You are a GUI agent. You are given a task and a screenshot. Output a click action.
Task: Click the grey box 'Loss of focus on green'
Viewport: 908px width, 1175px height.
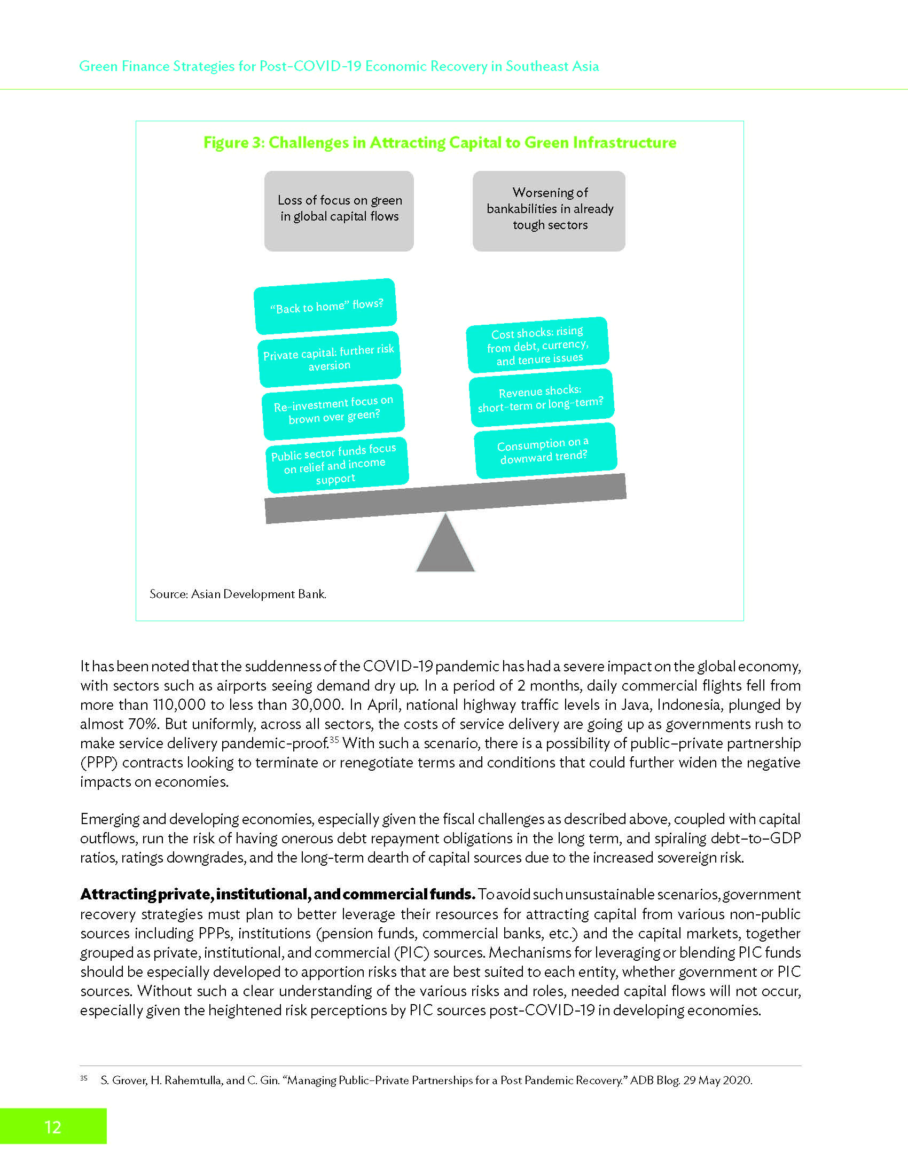coord(339,211)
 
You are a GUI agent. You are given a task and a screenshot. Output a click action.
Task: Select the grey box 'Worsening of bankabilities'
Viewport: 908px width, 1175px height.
coord(549,211)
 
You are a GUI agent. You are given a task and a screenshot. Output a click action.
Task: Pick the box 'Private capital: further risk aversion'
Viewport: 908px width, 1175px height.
coord(329,358)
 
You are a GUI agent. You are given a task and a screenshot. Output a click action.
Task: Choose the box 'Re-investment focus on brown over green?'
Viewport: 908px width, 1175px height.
coord(333,411)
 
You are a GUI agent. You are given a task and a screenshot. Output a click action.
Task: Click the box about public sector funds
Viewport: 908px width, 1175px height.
coord(337,464)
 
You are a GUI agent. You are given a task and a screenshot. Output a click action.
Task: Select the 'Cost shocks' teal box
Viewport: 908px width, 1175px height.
coord(538,346)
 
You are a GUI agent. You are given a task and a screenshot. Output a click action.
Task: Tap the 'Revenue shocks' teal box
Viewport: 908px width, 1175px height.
coord(541,398)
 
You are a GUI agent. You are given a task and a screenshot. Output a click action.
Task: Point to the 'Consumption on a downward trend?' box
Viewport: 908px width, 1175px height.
coord(544,451)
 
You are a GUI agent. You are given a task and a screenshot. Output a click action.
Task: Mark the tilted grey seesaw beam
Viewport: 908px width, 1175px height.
coord(445,499)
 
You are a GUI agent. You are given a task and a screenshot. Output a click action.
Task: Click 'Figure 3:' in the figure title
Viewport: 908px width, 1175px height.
coord(233,143)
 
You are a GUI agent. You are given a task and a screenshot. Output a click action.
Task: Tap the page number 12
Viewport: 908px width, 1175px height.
coord(53,1126)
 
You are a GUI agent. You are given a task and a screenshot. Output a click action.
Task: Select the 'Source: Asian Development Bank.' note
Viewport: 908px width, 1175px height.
coord(238,594)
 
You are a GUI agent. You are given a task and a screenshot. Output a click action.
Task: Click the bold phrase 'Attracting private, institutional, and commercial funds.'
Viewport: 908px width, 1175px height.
coord(278,894)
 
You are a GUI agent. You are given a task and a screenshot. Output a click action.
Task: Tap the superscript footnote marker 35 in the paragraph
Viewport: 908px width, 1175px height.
coord(334,740)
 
